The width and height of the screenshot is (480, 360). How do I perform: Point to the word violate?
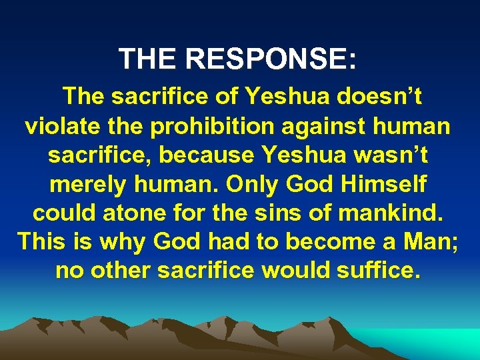click(63, 126)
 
